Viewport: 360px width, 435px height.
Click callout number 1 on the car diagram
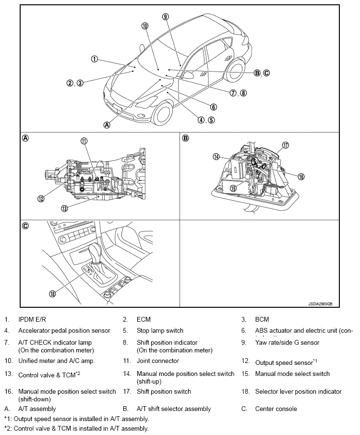pos(94,59)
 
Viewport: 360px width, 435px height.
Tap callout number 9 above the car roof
pos(165,16)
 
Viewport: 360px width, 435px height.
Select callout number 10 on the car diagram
pos(145,25)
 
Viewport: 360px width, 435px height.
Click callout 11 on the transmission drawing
pos(84,141)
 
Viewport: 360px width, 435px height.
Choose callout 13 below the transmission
pos(64,208)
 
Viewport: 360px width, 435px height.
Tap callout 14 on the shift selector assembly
pos(216,157)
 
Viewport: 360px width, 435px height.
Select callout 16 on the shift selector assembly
pos(301,176)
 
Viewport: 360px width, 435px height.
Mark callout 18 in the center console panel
pos(52,293)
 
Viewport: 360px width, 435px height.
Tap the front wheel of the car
pos(161,114)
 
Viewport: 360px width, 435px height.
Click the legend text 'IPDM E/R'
pos(32,319)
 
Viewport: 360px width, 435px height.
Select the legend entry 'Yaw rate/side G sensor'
pos(287,342)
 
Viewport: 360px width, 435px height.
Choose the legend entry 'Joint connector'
pos(158,361)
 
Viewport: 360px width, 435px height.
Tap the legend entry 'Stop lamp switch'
pos(160,330)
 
